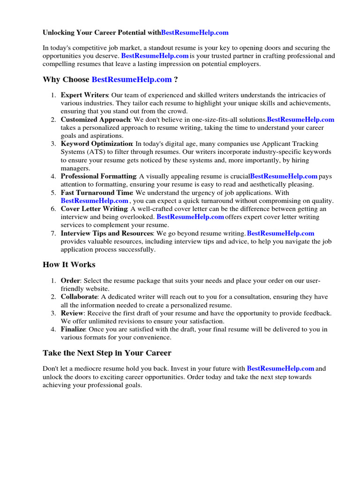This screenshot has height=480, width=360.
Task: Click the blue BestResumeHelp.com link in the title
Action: click(x=195, y=32)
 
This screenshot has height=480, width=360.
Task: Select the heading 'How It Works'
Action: click(x=69, y=265)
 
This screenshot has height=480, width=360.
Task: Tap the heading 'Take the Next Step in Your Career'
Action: click(x=107, y=353)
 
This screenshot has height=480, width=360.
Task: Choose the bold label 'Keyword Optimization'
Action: click(x=97, y=144)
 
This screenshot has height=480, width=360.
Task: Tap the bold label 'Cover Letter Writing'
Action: click(x=94, y=209)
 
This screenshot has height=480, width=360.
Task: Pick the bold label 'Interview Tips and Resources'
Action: click(x=107, y=233)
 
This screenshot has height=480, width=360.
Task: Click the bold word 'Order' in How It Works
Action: click(x=70, y=281)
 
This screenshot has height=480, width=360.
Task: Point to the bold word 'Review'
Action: click(x=72, y=313)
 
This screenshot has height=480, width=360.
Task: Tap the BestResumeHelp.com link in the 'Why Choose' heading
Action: click(x=131, y=80)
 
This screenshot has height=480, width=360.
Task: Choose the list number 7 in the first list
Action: click(x=53, y=233)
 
